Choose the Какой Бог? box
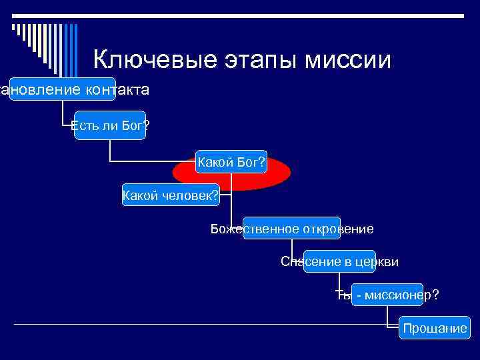tap(231, 162)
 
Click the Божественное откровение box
tap(291, 229)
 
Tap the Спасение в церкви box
tap(339, 262)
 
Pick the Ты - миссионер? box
tap(387, 294)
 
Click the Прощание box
tap(434, 328)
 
